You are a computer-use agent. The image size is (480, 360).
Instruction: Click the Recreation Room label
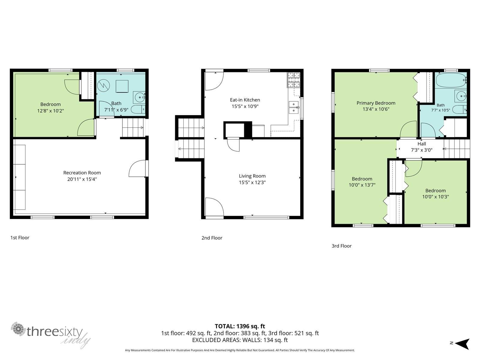point(82,173)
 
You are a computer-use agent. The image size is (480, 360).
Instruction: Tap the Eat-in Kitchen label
point(245,100)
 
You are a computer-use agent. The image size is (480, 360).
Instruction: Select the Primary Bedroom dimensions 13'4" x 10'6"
point(376,109)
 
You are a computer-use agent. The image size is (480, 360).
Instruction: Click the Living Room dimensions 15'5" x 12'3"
point(252,182)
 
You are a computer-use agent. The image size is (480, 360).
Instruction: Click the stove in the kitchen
point(294,80)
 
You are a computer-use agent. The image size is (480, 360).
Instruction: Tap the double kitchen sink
point(293,107)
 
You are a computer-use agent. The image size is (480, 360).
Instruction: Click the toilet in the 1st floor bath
point(138,109)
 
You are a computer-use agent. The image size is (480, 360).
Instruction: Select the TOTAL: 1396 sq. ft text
point(240,326)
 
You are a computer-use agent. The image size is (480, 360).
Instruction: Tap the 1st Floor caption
point(20,238)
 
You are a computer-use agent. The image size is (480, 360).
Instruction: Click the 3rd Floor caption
point(342,246)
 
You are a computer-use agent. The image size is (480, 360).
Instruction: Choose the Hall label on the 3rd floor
point(421,144)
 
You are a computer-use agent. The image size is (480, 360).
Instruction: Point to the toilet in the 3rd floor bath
point(459,109)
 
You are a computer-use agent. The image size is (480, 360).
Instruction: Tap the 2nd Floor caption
point(212,238)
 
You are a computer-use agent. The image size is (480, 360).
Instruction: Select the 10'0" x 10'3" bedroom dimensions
point(435,196)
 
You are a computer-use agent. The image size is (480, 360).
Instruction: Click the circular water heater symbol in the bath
point(103,85)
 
